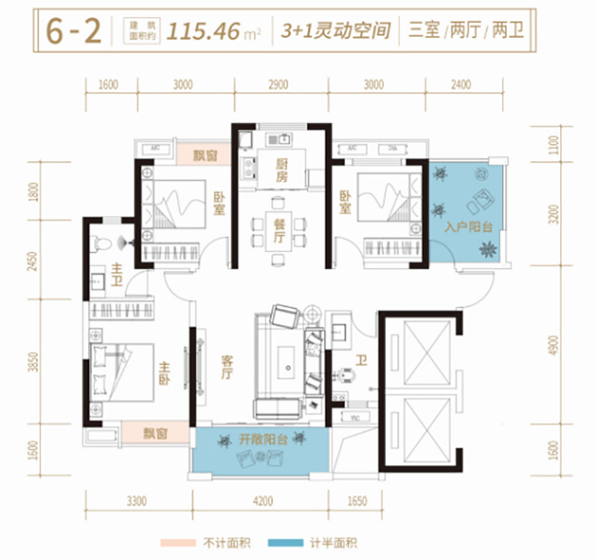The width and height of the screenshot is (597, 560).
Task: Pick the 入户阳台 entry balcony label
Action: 468,227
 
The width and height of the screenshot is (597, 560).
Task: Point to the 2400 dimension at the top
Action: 460,84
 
